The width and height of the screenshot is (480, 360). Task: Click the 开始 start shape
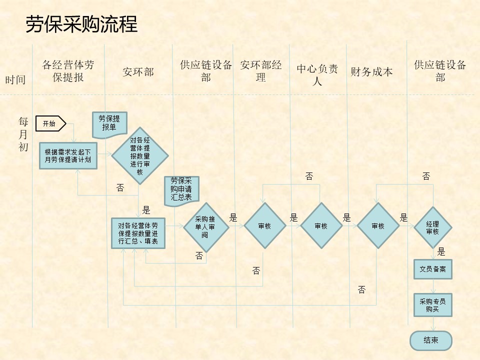pyautogui.click(x=51, y=123)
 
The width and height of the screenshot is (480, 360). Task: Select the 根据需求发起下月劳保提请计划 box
pyautogui.click(x=68, y=155)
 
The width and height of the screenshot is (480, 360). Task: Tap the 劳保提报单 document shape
pyautogui.click(x=109, y=124)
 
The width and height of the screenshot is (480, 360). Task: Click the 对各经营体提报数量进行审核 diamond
pyautogui.click(x=140, y=155)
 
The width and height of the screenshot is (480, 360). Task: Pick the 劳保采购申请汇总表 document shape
pyautogui.click(x=181, y=190)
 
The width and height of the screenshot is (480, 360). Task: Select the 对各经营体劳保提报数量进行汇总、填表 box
pyautogui.click(x=138, y=233)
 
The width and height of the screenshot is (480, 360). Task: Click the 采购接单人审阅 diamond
pyautogui.click(x=206, y=227)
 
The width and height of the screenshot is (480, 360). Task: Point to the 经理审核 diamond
pyautogui.click(x=433, y=227)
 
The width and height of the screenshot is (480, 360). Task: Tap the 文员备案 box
pyautogui.click(x=433, y=269)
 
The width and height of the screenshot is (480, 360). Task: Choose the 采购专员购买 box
pyautogui.click(x=433, y=305)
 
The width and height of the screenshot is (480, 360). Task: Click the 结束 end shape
pyautogui.click(x=431, y=340)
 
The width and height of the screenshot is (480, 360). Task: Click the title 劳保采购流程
pyautogui.click(x=81, y=24)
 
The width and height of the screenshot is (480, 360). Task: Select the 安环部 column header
pyautogui.click(x=138, y=72)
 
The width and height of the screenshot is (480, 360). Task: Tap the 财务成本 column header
pyautogui.click(x=371, y=71)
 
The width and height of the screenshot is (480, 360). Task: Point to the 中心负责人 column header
pyautogui.click(x=317, y=74)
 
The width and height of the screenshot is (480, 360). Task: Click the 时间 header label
pyautogui.click(x=15, y=79)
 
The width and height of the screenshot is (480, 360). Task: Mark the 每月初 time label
pyautogui.click(x=23, y=134)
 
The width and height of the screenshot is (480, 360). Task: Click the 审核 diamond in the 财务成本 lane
pyautogui.click(x=378, y=226)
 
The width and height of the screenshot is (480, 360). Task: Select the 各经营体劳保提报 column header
pyautogui.click(x=68, y=71)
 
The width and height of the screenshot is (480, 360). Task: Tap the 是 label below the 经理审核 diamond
pyautogui.click(x=441, y=252)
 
